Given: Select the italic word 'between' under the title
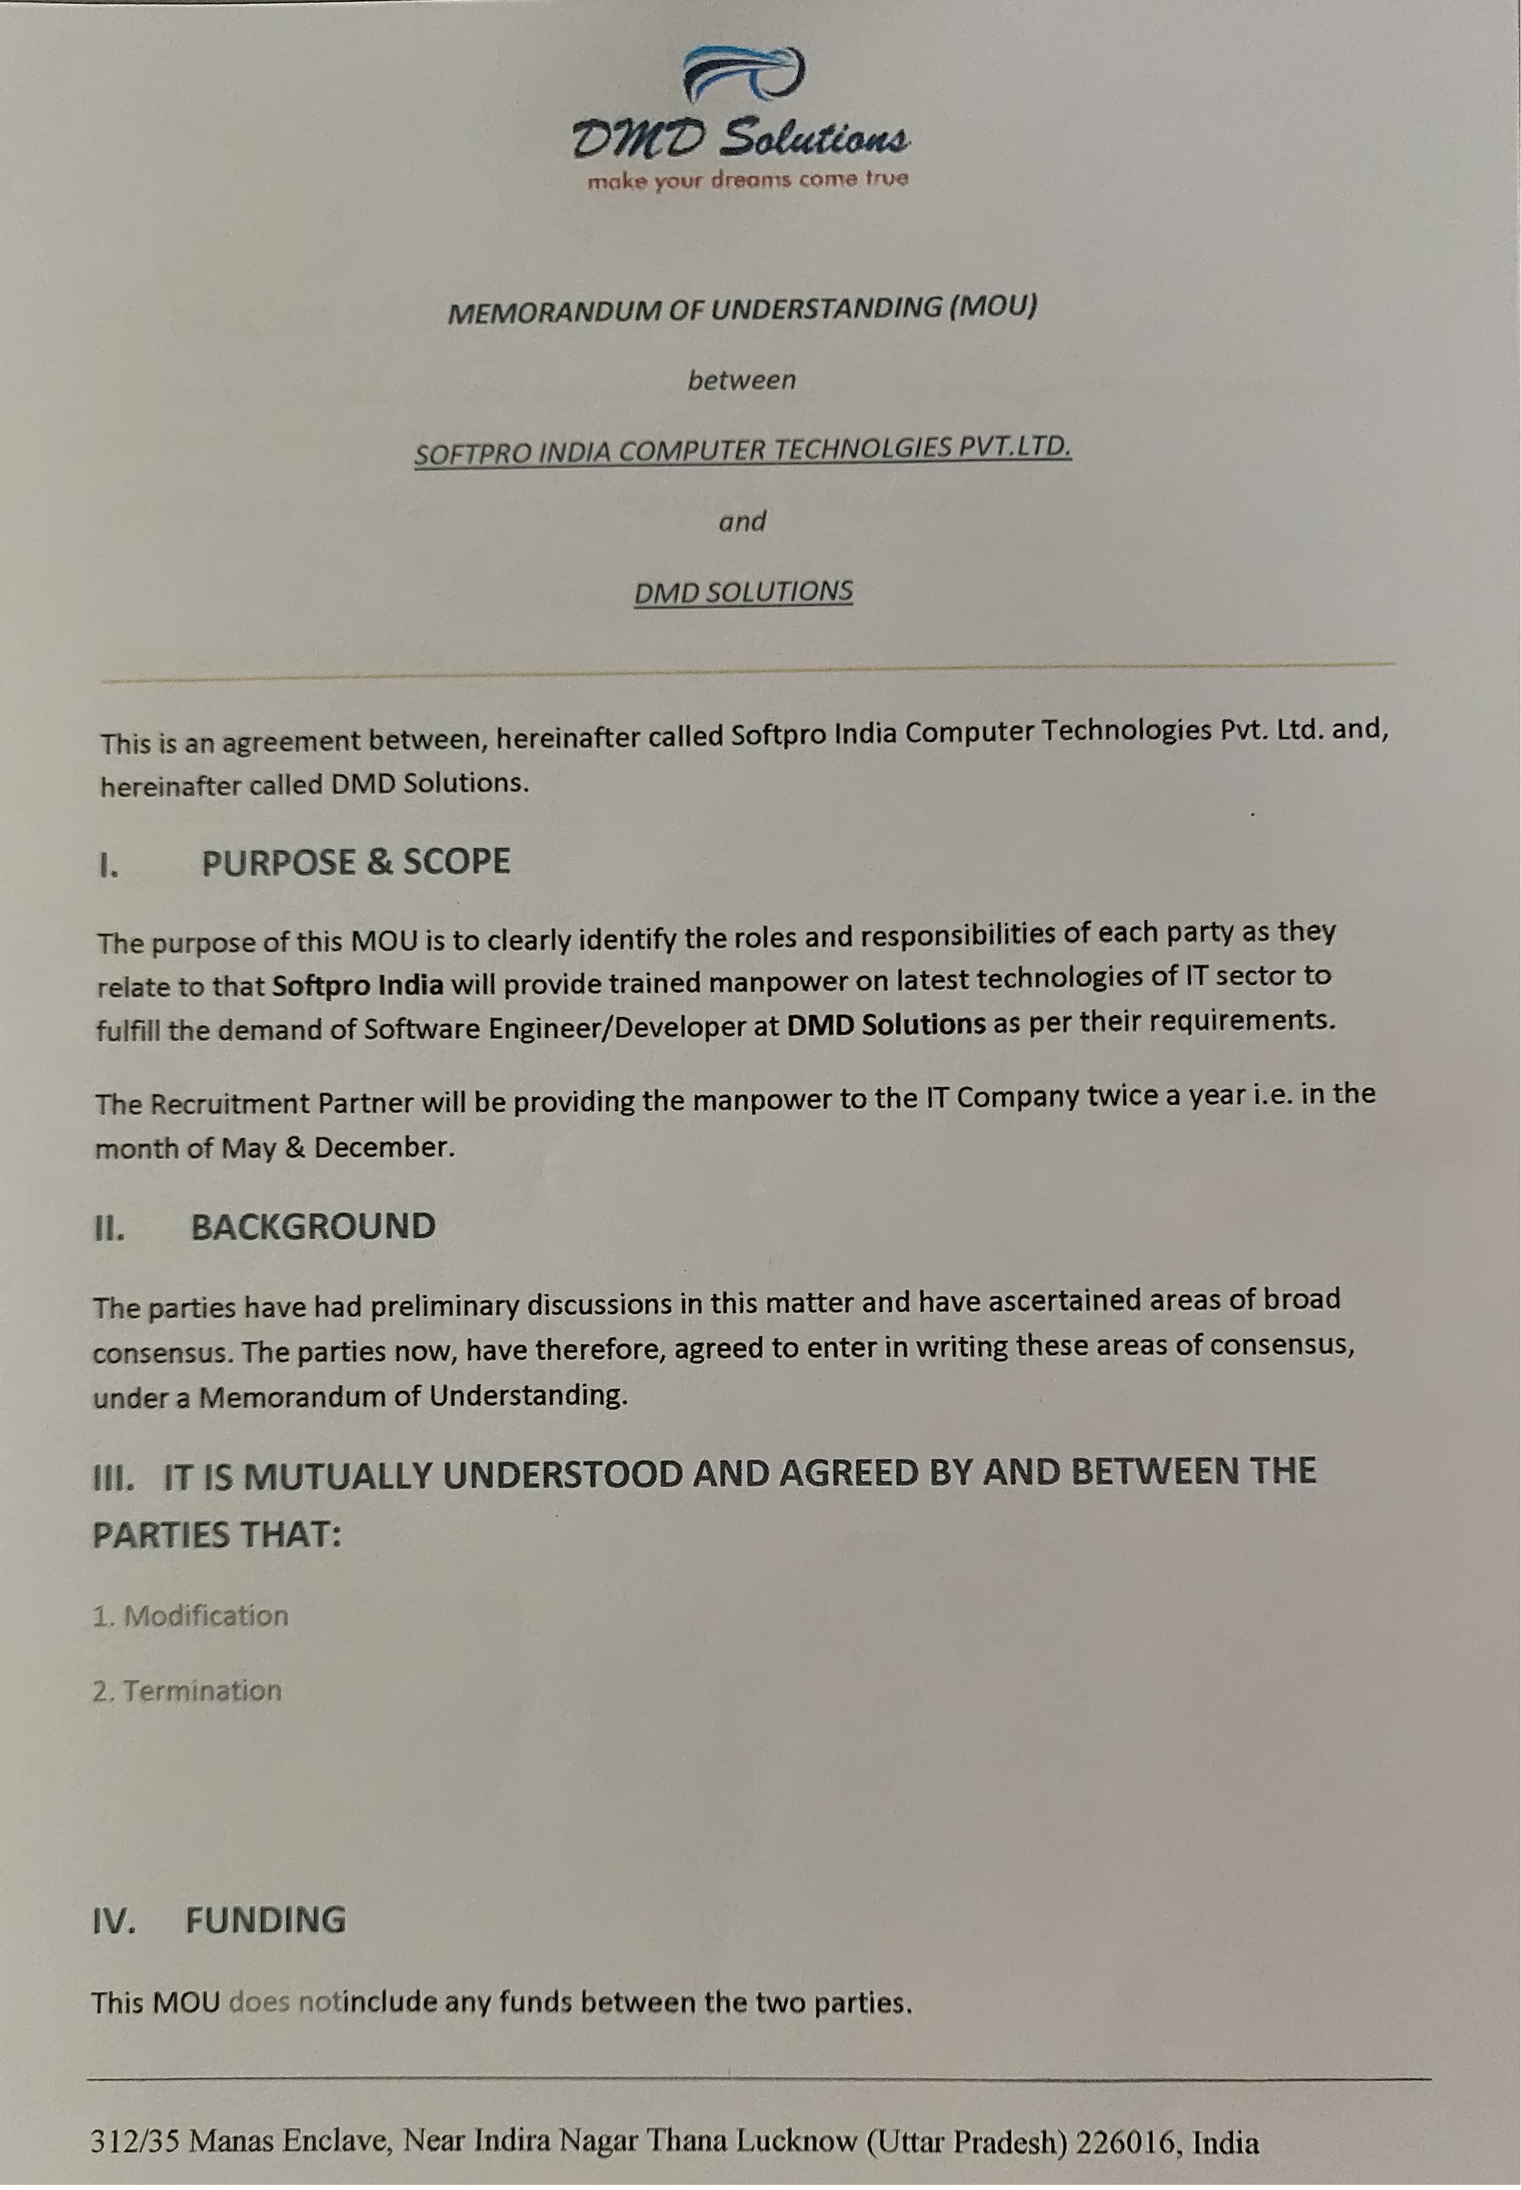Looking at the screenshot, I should [742, 380].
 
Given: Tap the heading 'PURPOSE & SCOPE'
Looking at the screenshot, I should [356, 861].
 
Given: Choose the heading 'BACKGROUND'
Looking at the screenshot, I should [314, 1227].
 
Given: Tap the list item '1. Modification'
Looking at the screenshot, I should [191, 1616].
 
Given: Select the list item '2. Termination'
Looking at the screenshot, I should [187, 1691].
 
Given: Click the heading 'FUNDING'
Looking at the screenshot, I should [265, 1919].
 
